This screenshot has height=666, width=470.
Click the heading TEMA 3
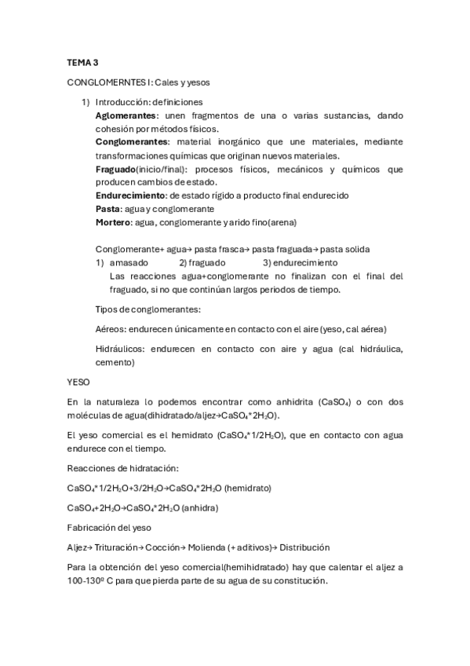click(x=82, y=61)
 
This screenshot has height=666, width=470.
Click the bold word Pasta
click(x=106, y=209)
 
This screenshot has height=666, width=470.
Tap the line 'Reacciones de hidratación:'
click(x=123, y=468)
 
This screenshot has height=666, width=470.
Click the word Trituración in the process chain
click(x=121, y=547)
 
